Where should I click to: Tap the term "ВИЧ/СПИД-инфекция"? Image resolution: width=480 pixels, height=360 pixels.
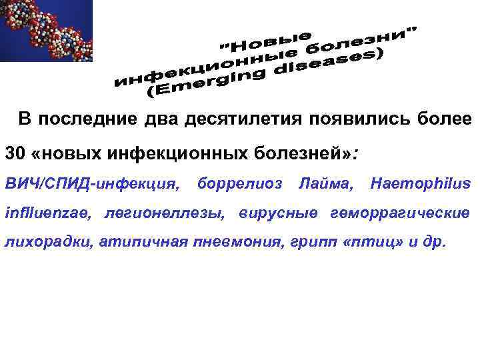click(93, 183)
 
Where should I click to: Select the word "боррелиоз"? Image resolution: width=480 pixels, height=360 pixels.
click(239, 183)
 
